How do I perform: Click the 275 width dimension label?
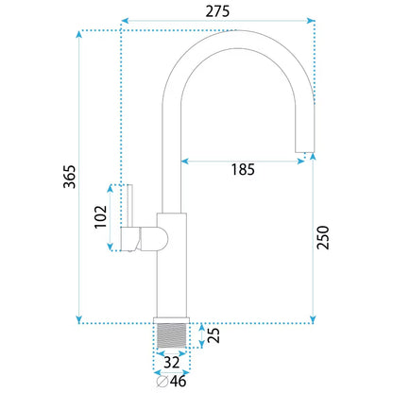[217, 11]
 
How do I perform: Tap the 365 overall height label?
[70, 177]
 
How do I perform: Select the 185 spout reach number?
[243, 169]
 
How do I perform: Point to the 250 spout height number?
[323, 238]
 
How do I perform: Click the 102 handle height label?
[101, 217]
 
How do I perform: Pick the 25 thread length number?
[214, 335]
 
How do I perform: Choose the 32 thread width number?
[172, 363]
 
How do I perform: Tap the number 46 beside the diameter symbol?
[179, 382]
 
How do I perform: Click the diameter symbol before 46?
[162, 382]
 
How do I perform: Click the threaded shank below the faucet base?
[172, 335]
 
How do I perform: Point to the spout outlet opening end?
[304, 152]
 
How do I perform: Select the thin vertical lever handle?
[130, 205]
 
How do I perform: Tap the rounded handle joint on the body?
[155, 238]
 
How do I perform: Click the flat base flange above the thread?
[172, 320]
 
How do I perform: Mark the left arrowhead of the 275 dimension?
[125, 21]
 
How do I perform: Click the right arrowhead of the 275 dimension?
[311, 21]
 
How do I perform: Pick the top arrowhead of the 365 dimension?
[79, 34]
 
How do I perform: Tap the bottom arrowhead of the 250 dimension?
[313, 319]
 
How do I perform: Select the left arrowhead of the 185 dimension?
[184, 162]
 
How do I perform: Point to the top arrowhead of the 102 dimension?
[110, 189]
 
